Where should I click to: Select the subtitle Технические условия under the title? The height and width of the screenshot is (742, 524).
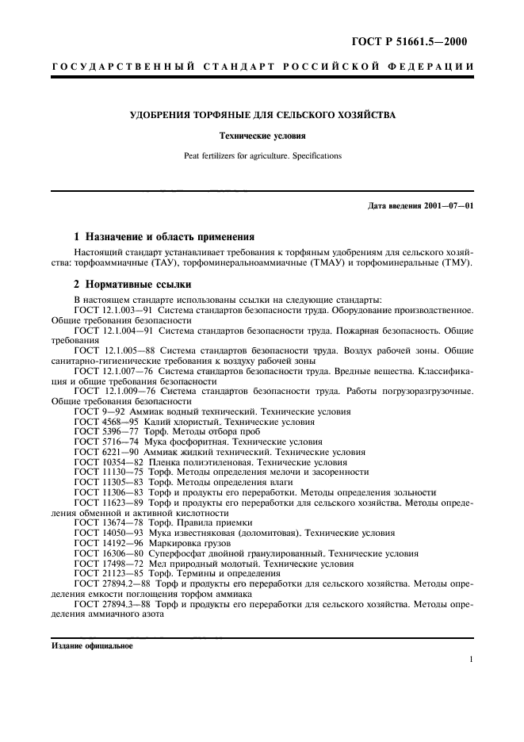pyautogui.click(x=262, y=136)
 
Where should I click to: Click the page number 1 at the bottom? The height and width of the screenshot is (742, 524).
pyautogui.click(x=471, y=659)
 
